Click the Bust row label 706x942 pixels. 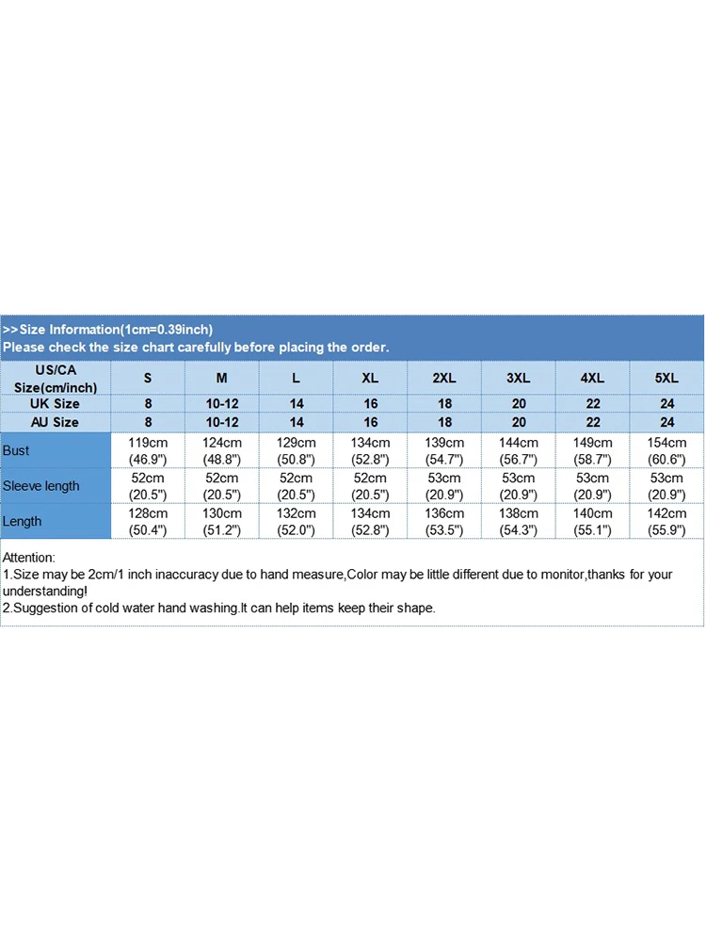[x=17, y=450]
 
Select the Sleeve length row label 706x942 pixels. [x=41, y=486]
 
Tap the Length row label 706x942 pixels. [x=23, y=521]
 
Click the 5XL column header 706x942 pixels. [x=666, y=378]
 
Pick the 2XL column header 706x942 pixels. [x=444, y=378]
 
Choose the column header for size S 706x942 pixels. [x=148, y=378]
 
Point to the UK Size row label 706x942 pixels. [x=55, y=404]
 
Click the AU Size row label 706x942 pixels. [x=55, y=422]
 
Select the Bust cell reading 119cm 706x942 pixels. [x=148, y=450]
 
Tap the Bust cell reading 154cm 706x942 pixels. [x=666, y=450]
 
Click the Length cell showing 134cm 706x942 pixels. [x=370, y=521]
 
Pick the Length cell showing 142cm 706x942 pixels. [x=666, y=521]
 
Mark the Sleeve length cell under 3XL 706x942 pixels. [x=519, y=486]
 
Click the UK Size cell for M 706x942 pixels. [x=222, y=404]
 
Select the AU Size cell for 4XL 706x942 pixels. [x=592, y=422]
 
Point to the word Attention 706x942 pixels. [x=29, y=558]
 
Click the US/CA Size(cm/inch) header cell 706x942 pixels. [x=56, y=379]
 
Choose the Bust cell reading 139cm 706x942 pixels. [x=444, y=450]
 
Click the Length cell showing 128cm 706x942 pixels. [x=148, y=521]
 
